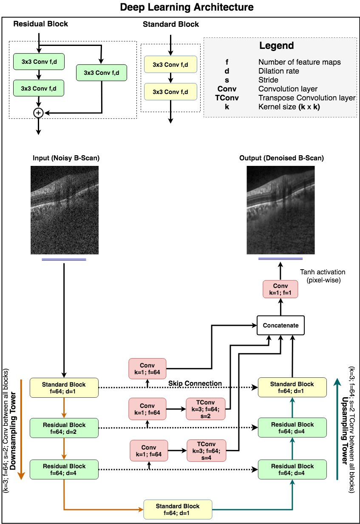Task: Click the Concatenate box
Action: point(281,325)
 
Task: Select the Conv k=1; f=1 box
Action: point(280,289)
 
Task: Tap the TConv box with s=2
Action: point(205,409)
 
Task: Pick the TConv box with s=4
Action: point(206,450)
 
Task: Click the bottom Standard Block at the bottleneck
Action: point(178,509)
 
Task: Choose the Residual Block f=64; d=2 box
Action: point(64,428)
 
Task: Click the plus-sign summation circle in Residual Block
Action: point(38,113)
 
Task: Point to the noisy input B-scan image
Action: point(65,210)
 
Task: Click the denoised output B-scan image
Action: point(281,210)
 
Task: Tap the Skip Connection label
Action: point(195,383)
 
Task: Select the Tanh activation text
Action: point(323,272)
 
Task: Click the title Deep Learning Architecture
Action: point(187,7)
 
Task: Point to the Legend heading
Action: point(277,46)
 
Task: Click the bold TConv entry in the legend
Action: point(227,98)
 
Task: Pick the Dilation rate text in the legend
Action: point(279,71)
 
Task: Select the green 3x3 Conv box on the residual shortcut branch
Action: point(102,73)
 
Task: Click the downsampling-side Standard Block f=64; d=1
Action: point(64,387)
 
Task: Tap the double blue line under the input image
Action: point(64,259)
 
